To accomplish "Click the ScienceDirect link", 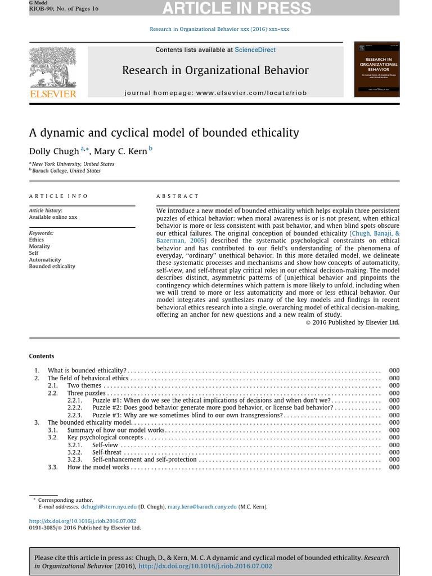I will (255, 50).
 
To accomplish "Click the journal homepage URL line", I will (215, 93).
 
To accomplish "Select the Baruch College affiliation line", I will (66, 171).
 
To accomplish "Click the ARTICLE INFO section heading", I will (58, 196).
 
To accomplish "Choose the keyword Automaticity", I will (45, 260).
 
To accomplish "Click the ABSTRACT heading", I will (177, 196).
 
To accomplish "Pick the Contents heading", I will (42, 356).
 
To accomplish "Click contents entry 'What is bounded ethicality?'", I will (87, 371).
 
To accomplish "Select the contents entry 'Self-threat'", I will (107, 452).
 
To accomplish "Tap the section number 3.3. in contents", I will (53, 467).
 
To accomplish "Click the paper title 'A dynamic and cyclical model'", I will (164, 133).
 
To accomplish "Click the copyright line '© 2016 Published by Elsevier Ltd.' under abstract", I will (352, 322).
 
